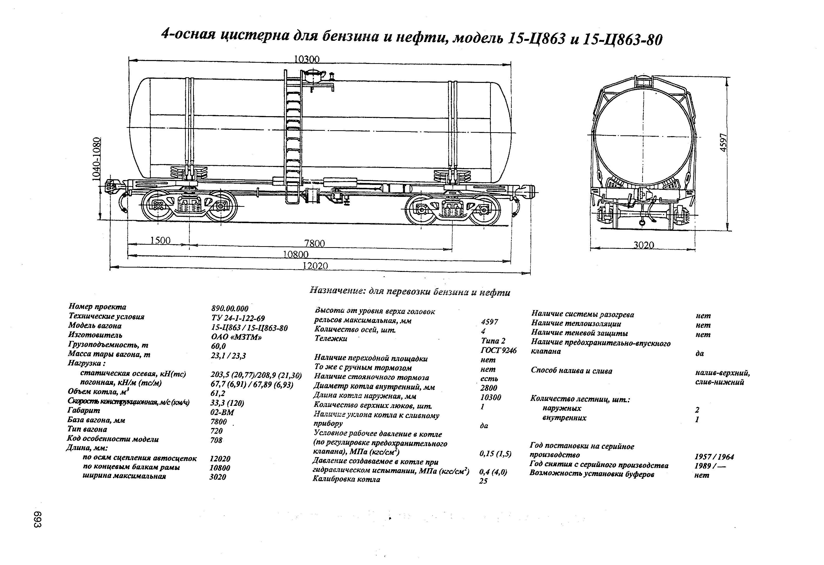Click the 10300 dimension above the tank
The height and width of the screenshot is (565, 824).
(x=307, y=59)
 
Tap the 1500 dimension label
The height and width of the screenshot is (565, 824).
(x=160, y=241)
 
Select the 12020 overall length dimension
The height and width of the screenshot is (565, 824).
(x=315, y=266)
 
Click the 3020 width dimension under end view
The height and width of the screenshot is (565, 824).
(x=644, y=245)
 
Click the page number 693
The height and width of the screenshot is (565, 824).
(x=38, y=519)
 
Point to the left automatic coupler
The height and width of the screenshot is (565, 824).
(x=113, y=186)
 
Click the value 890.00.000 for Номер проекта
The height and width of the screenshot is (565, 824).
(x=230, y=309)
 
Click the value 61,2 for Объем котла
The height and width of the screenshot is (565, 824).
(x=218, y=393)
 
